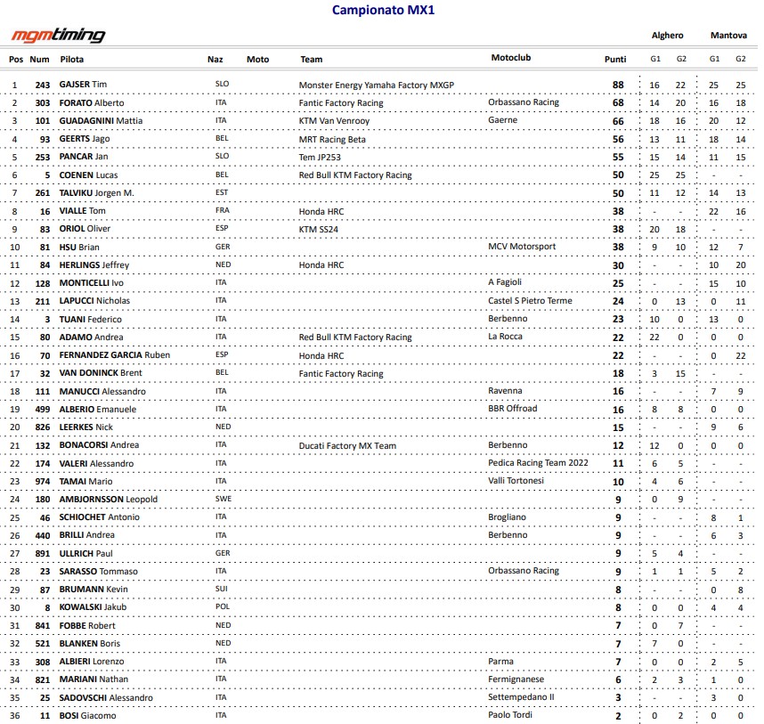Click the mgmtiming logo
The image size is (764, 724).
pos(58,36)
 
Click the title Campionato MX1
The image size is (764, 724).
pos(383,11)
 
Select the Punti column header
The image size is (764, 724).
pos(614,60)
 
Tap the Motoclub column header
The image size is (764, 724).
pos(510,58)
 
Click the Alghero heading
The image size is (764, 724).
pos(667,36)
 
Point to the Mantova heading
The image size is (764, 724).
pos(727,36)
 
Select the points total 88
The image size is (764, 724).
pos(617,85)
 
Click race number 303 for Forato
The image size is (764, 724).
pos(43,102)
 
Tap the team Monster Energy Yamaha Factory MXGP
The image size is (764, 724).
pos(377,85)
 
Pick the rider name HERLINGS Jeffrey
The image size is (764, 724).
pos(94,264)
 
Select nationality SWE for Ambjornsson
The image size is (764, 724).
pos(223,499)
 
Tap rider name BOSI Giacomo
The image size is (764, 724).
pos(87,715)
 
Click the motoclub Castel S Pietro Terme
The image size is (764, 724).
pos(531,301)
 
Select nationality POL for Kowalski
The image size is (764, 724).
pos(223,607)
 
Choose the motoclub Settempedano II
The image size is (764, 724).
pos(521,697)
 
